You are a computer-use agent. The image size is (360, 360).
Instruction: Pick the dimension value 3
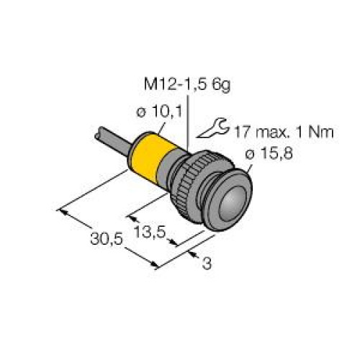tap(207, 264)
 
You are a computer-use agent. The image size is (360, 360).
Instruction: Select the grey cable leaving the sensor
tap(108, 140)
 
